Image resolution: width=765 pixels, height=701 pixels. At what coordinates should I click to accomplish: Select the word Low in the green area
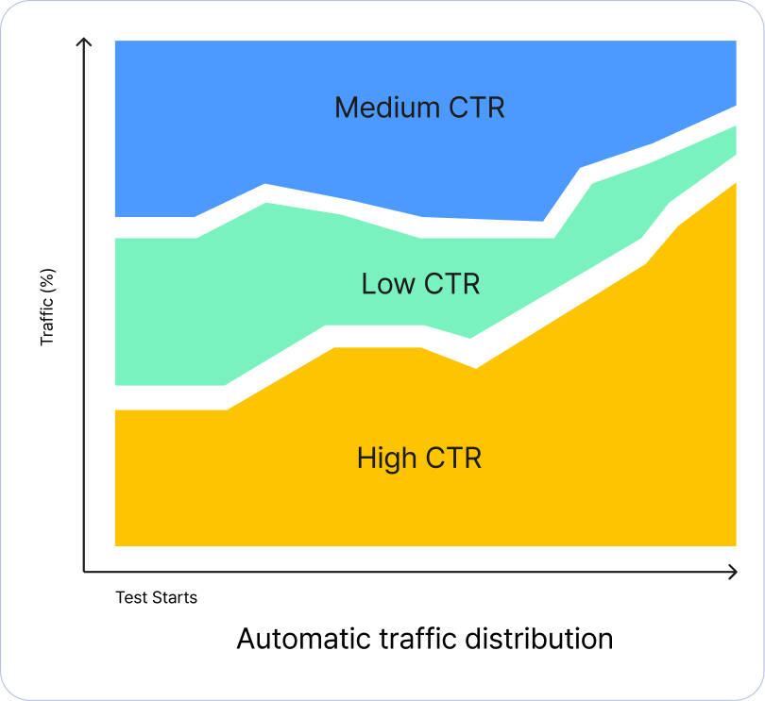[387, 283]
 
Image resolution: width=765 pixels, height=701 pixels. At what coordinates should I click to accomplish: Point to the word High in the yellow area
[386, 459]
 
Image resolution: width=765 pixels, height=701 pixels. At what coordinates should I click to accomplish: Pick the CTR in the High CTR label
[453, 459]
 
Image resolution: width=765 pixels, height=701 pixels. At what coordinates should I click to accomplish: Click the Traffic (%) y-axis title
[48, 307]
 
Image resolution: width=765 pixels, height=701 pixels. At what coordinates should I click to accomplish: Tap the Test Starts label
[157, 597]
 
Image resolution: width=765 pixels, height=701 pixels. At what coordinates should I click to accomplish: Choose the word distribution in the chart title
[538, 639]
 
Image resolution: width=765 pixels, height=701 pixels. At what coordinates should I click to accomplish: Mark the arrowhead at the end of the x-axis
[733, 571]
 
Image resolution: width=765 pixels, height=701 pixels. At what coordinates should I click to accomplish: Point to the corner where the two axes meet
[84, 571]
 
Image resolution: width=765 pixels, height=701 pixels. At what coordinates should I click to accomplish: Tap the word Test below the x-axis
[129, 597]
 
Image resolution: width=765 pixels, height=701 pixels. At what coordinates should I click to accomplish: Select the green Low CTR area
[189, 311]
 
